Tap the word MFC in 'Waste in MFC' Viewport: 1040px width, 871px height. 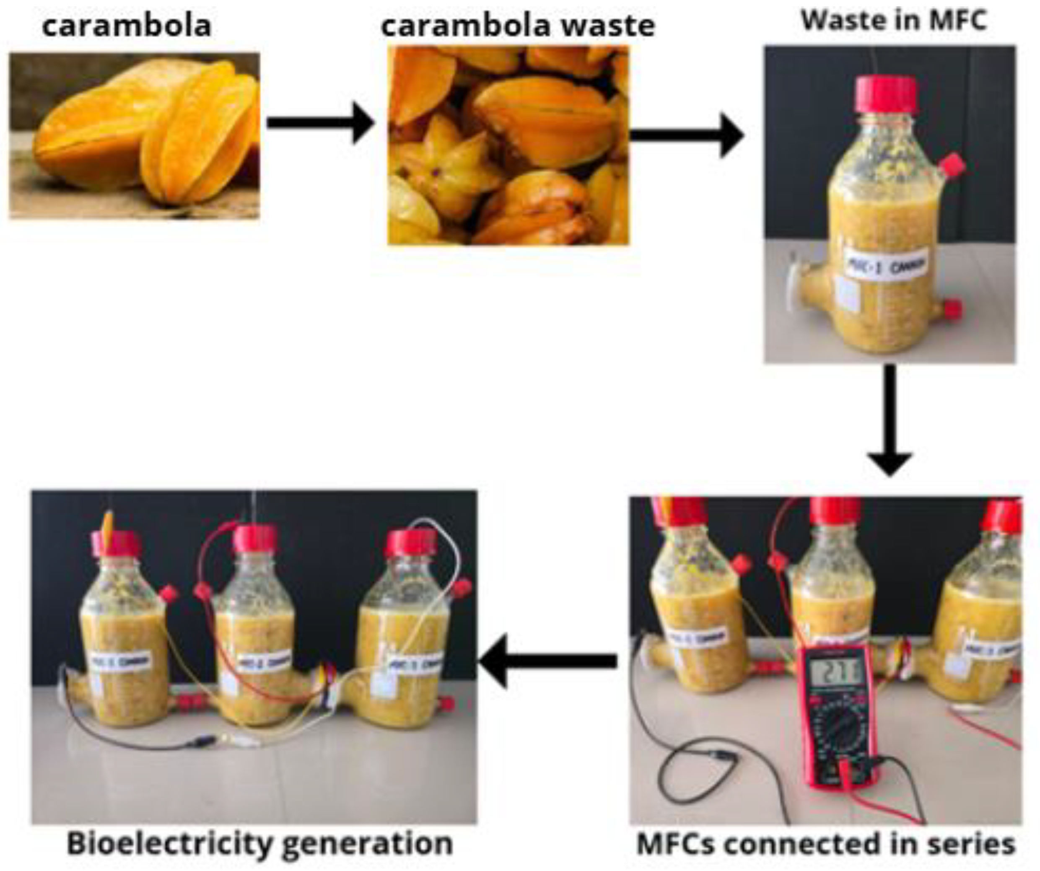(957, 21)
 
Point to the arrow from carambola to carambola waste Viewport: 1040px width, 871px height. (319, 123)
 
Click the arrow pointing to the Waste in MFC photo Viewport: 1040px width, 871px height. (686, 135)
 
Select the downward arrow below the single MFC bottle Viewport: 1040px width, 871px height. (890, 421)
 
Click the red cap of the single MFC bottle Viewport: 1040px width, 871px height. (887, 95)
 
